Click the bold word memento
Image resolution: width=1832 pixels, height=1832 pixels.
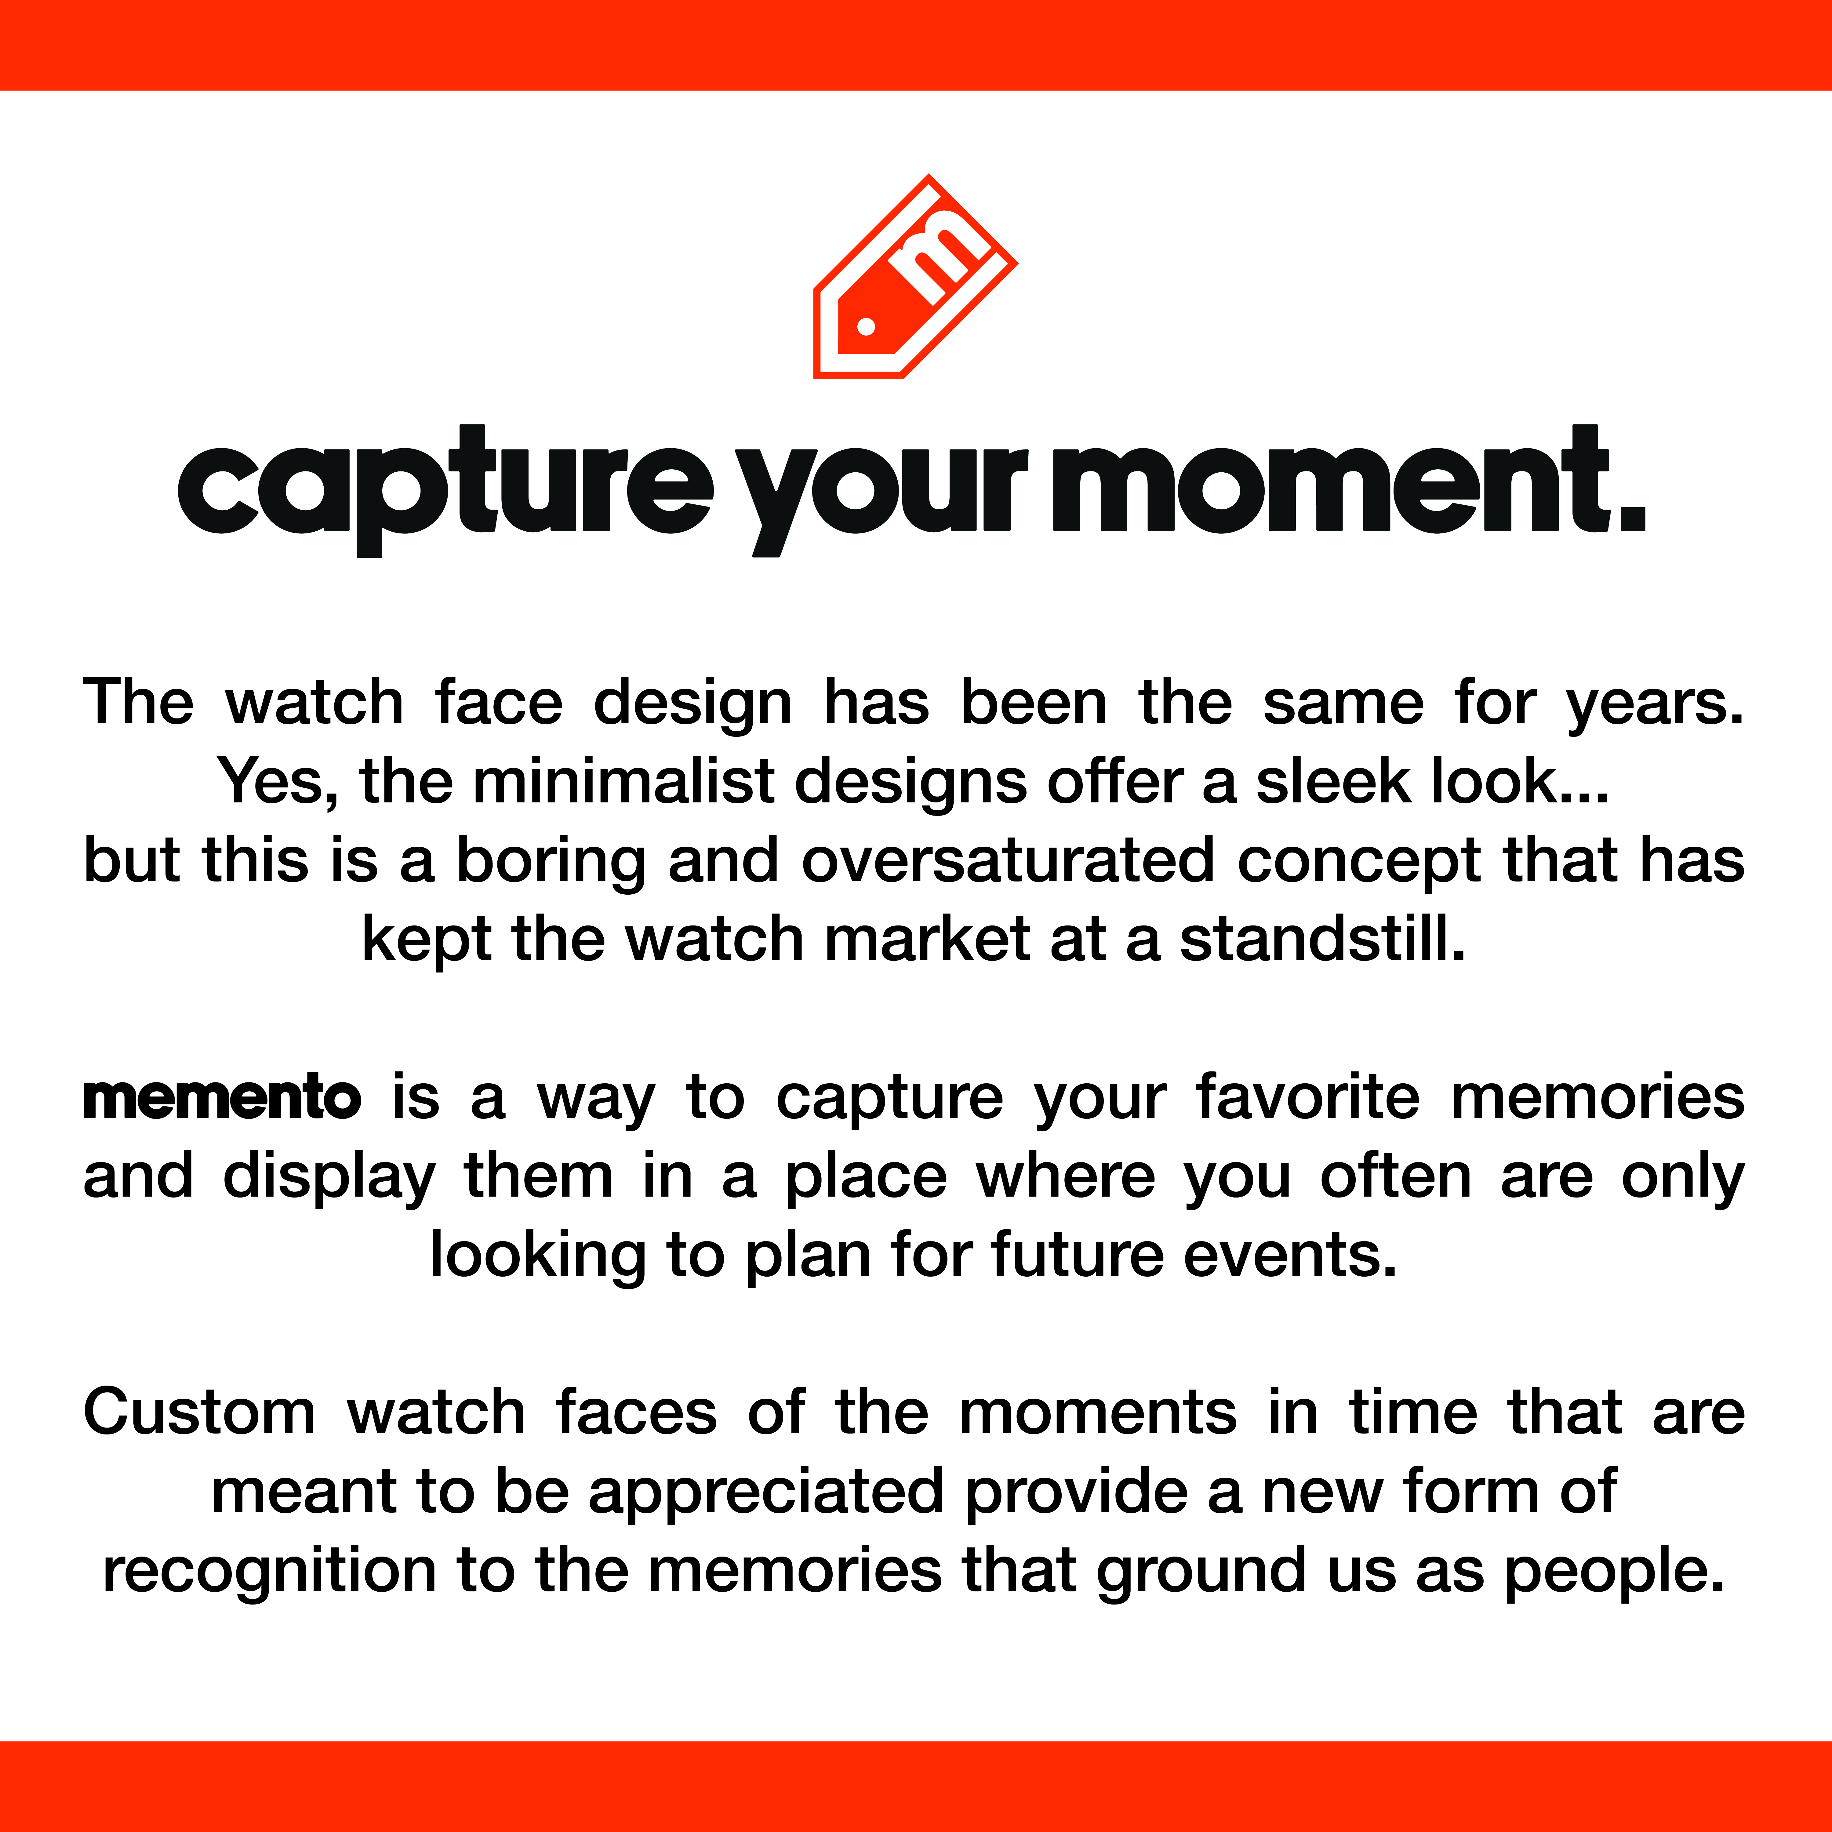[x=222, y=1098]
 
